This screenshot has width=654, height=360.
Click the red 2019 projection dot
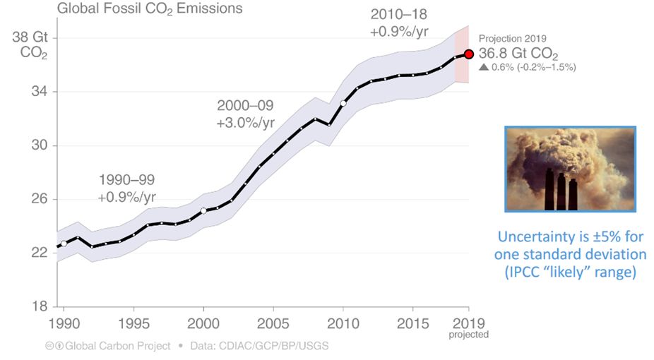(x=468, y=54)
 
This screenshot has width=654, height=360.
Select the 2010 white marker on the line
(x=343, y=103)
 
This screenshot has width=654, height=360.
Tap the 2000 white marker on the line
(x=203, y=210)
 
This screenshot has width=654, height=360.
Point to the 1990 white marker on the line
(x=64, y=244)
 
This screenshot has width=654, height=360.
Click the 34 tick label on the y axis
(x=37, y=92)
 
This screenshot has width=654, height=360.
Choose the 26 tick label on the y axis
(x=37, y=199)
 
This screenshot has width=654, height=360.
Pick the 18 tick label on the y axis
(x=37, y=307)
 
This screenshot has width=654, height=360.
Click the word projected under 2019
(x=468, y=335)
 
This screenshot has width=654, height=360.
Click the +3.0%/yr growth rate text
(x=246, y=121)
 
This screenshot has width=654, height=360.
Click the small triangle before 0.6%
(x=483, y=67)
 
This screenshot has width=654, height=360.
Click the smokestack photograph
(x=571, y=168)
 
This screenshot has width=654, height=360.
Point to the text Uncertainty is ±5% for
(x=571, y=236)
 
